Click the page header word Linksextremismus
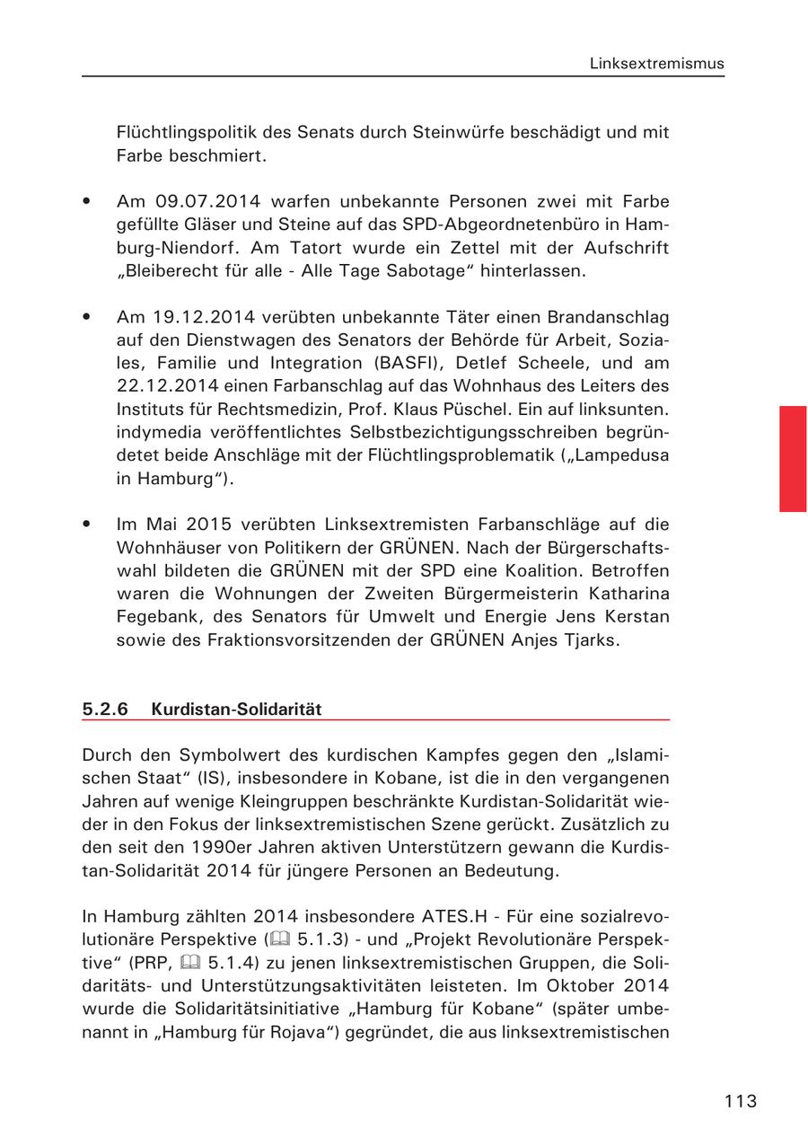[656, 64]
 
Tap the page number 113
[741, 1101]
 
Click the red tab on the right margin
[793, 458]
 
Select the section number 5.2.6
[105, 709]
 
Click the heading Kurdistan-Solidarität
[236, 709]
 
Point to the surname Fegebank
[155, 617]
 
